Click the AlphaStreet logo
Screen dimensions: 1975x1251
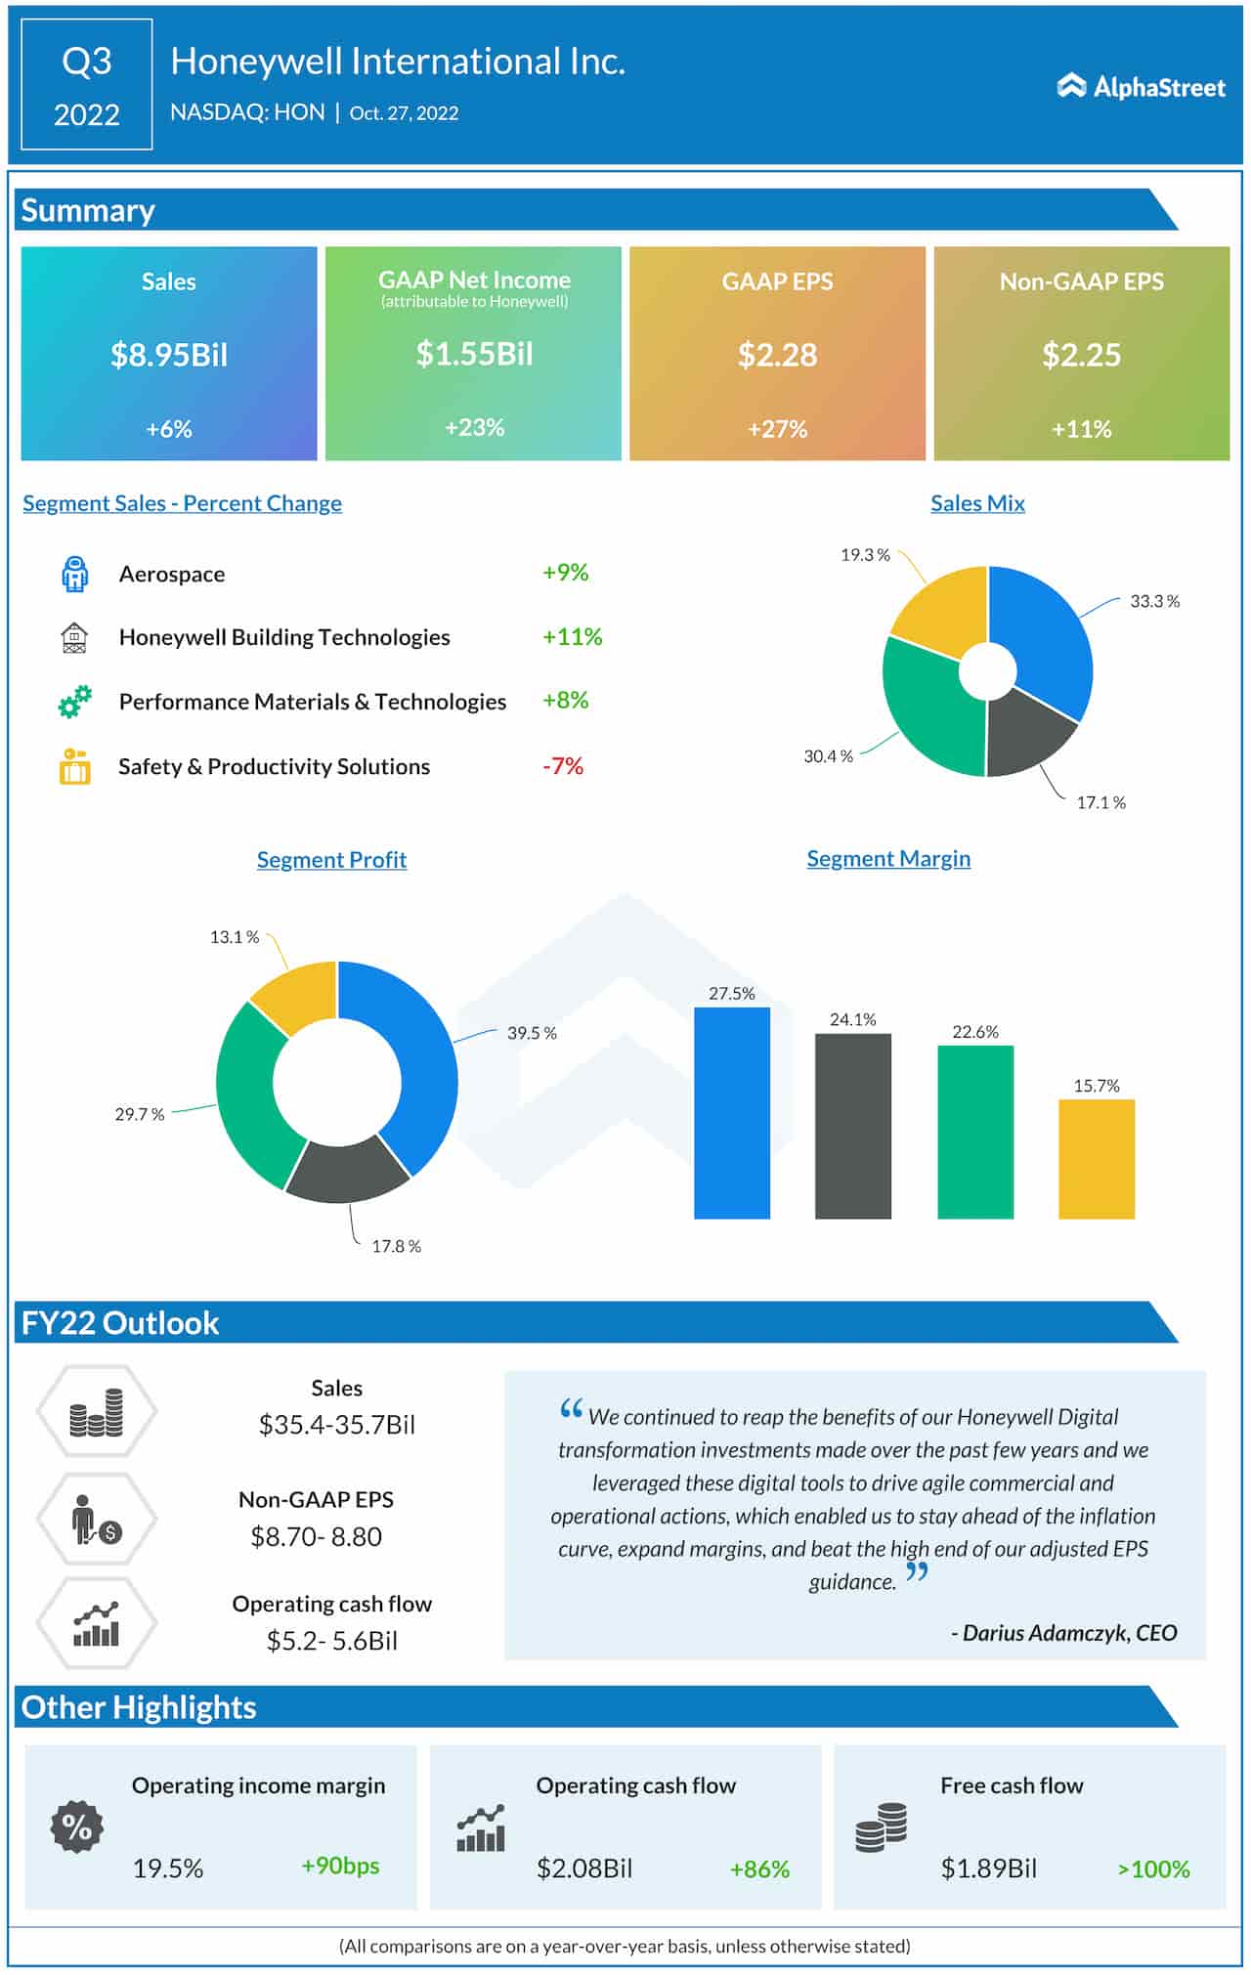(x=1141, y=87)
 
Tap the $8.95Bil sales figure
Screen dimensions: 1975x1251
(x=169, y=355)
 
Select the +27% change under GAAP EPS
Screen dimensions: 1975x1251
(x=777, y=429)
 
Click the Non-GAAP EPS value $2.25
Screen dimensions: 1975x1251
(x=1081, y=355)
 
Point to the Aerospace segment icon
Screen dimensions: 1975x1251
(x=74, y=574)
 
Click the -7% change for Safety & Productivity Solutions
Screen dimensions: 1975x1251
(x=563, y=766)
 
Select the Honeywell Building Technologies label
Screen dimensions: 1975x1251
(x=284, y=637)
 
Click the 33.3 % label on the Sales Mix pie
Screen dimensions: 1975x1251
(x=1154, y=601)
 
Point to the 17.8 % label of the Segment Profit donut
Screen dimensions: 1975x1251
(x=396, y=1246)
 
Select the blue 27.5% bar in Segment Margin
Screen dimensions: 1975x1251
(x=732, y=1114)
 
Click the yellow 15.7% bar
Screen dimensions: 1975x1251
(x=1097, y=1160)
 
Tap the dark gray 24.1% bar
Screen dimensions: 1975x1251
(x=853, y=1126)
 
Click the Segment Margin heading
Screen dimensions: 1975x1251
(x=888, y=859)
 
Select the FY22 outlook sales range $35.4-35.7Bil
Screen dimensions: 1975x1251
(x=337, y=1425)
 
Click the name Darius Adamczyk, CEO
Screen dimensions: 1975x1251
(x=1069, y=1633)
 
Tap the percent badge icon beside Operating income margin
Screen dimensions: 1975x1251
(x=76, y=1826)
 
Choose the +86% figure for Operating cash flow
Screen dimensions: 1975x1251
(x=759, y=1869)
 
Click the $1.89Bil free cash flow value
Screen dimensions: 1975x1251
(x=988, y=1868)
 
